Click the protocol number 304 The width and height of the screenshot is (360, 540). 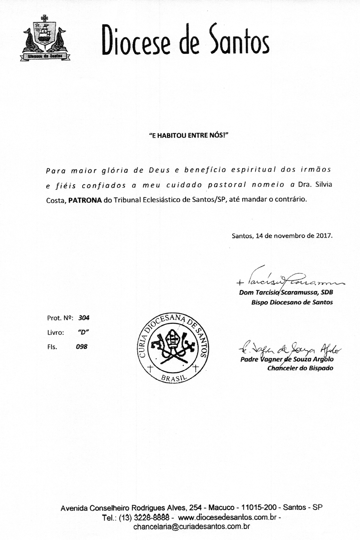[x=84, y=318]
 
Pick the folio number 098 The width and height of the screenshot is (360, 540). [x=81, y=347]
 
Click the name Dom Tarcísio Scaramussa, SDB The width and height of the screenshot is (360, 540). [x=286, y=292]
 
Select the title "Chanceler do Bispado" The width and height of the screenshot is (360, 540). [x=300, y=368]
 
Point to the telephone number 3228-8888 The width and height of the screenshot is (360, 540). [x=151, y=517]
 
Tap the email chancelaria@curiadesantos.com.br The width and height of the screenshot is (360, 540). [x=192, y=526]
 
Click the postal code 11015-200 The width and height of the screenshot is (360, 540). [x=259, y=508]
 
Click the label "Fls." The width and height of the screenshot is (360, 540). [x=52, y=347]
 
